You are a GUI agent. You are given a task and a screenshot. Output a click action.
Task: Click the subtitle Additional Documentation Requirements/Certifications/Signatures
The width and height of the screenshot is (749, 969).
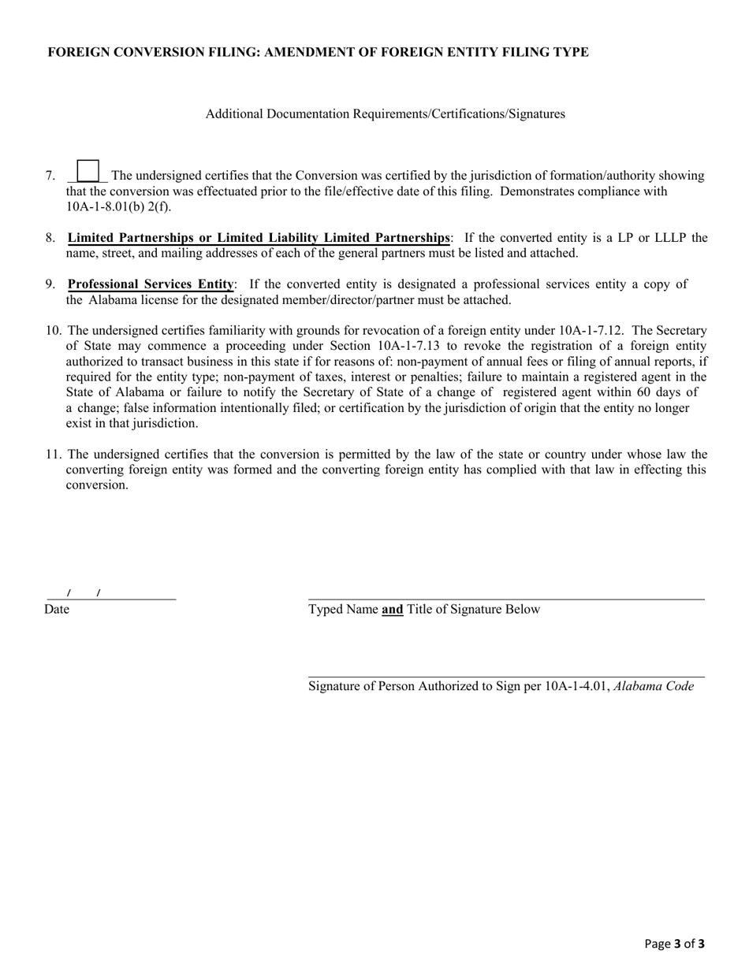click(385, 114)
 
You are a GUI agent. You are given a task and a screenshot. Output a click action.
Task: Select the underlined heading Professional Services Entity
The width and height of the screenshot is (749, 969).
click(151, 284)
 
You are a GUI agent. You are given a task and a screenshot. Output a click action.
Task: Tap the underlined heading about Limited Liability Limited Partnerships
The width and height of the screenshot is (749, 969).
click(259, 238)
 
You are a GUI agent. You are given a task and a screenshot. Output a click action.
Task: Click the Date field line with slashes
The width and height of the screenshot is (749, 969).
click(110, 594)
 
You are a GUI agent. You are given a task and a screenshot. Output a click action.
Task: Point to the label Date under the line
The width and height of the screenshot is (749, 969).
click(57, 609)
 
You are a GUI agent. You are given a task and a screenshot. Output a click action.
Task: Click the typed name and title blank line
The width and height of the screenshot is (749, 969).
click(505, 595)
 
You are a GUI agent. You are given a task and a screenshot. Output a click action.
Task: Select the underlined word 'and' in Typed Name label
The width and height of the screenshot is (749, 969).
click(393, 609)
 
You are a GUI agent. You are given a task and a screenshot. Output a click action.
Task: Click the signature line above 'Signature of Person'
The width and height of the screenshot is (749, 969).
click(505, 672)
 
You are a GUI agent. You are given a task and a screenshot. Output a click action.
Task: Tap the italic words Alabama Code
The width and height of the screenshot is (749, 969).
click(654, 686)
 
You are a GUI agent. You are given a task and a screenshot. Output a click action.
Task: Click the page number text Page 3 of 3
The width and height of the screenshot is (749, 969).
click(674, 944)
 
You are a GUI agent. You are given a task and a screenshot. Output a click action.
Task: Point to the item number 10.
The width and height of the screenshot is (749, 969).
click(53, 331)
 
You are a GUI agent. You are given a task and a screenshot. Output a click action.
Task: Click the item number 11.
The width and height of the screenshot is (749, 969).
click(53, 455)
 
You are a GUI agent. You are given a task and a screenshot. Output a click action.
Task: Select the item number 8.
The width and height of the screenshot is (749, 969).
click(50, 238)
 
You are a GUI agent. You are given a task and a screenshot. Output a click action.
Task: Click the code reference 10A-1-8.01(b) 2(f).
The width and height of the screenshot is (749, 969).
click(118, 207)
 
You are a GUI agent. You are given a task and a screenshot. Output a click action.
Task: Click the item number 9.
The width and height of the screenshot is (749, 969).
click(50, 284)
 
